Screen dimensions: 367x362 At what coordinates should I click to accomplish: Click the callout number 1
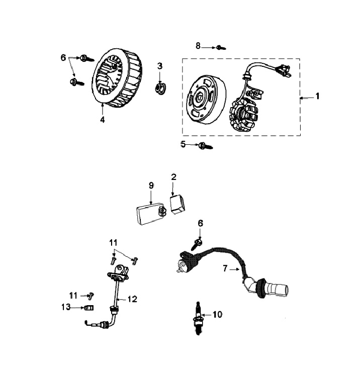point(317,96)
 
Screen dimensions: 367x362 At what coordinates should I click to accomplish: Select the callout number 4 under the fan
point(103,120)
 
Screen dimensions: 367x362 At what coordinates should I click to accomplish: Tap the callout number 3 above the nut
point(160,66)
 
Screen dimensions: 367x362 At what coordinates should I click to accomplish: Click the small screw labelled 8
point(220,48)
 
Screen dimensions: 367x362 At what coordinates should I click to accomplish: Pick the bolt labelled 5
point(205,146)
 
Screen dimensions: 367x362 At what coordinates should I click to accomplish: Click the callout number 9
point(150,186)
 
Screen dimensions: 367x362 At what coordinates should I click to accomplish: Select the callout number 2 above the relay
point(173,177)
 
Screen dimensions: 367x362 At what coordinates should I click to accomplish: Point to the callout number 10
point(217,315)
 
